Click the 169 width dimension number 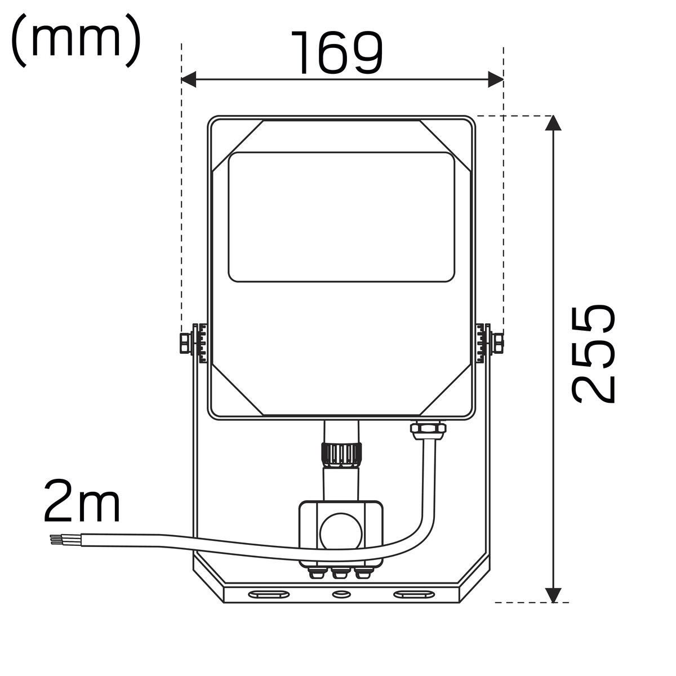[x=337, y=52]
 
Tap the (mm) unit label [x=76, y=41]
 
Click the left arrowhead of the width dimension [x=188, y=79]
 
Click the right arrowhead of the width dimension [x=496, y=79]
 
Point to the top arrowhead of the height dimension [x=553, y=123]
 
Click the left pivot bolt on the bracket [x=186, y=343]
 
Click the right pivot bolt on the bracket [x=498, y=343]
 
